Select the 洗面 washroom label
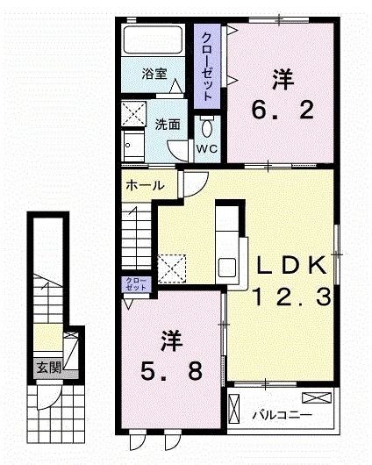click(168, 124)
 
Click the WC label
click(207, 149)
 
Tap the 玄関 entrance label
click(48, 368)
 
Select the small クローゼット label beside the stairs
click(135, 283)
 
